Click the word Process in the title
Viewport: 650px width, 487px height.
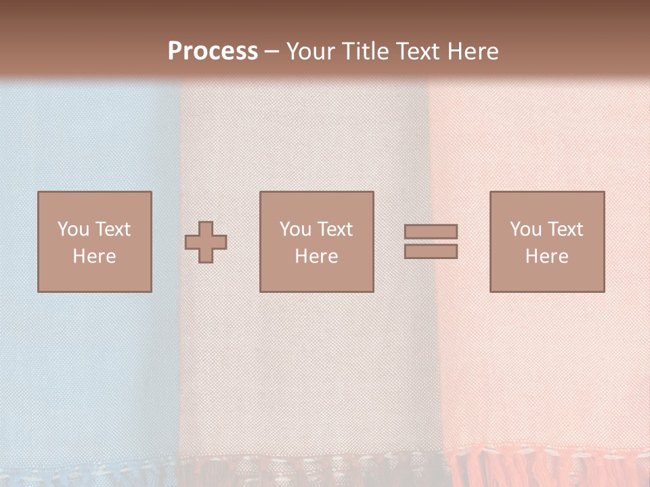coord(213,51)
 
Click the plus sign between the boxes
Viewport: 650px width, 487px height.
coord(206,242)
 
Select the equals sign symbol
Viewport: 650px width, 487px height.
coord(431,241)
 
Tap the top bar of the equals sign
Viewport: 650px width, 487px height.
coord(431,231)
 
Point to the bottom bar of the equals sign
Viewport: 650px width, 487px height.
coord(431,252)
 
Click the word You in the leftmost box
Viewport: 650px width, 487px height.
coord(72,229)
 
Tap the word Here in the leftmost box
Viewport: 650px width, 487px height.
coord(94,256)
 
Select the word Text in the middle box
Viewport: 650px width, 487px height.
coord(335,229)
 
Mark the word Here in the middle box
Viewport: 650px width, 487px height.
coord(316,256)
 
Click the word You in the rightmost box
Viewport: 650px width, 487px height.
coord(525,229)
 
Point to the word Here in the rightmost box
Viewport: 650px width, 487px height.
coord(546,256)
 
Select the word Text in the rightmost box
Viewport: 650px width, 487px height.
coord(565,229)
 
